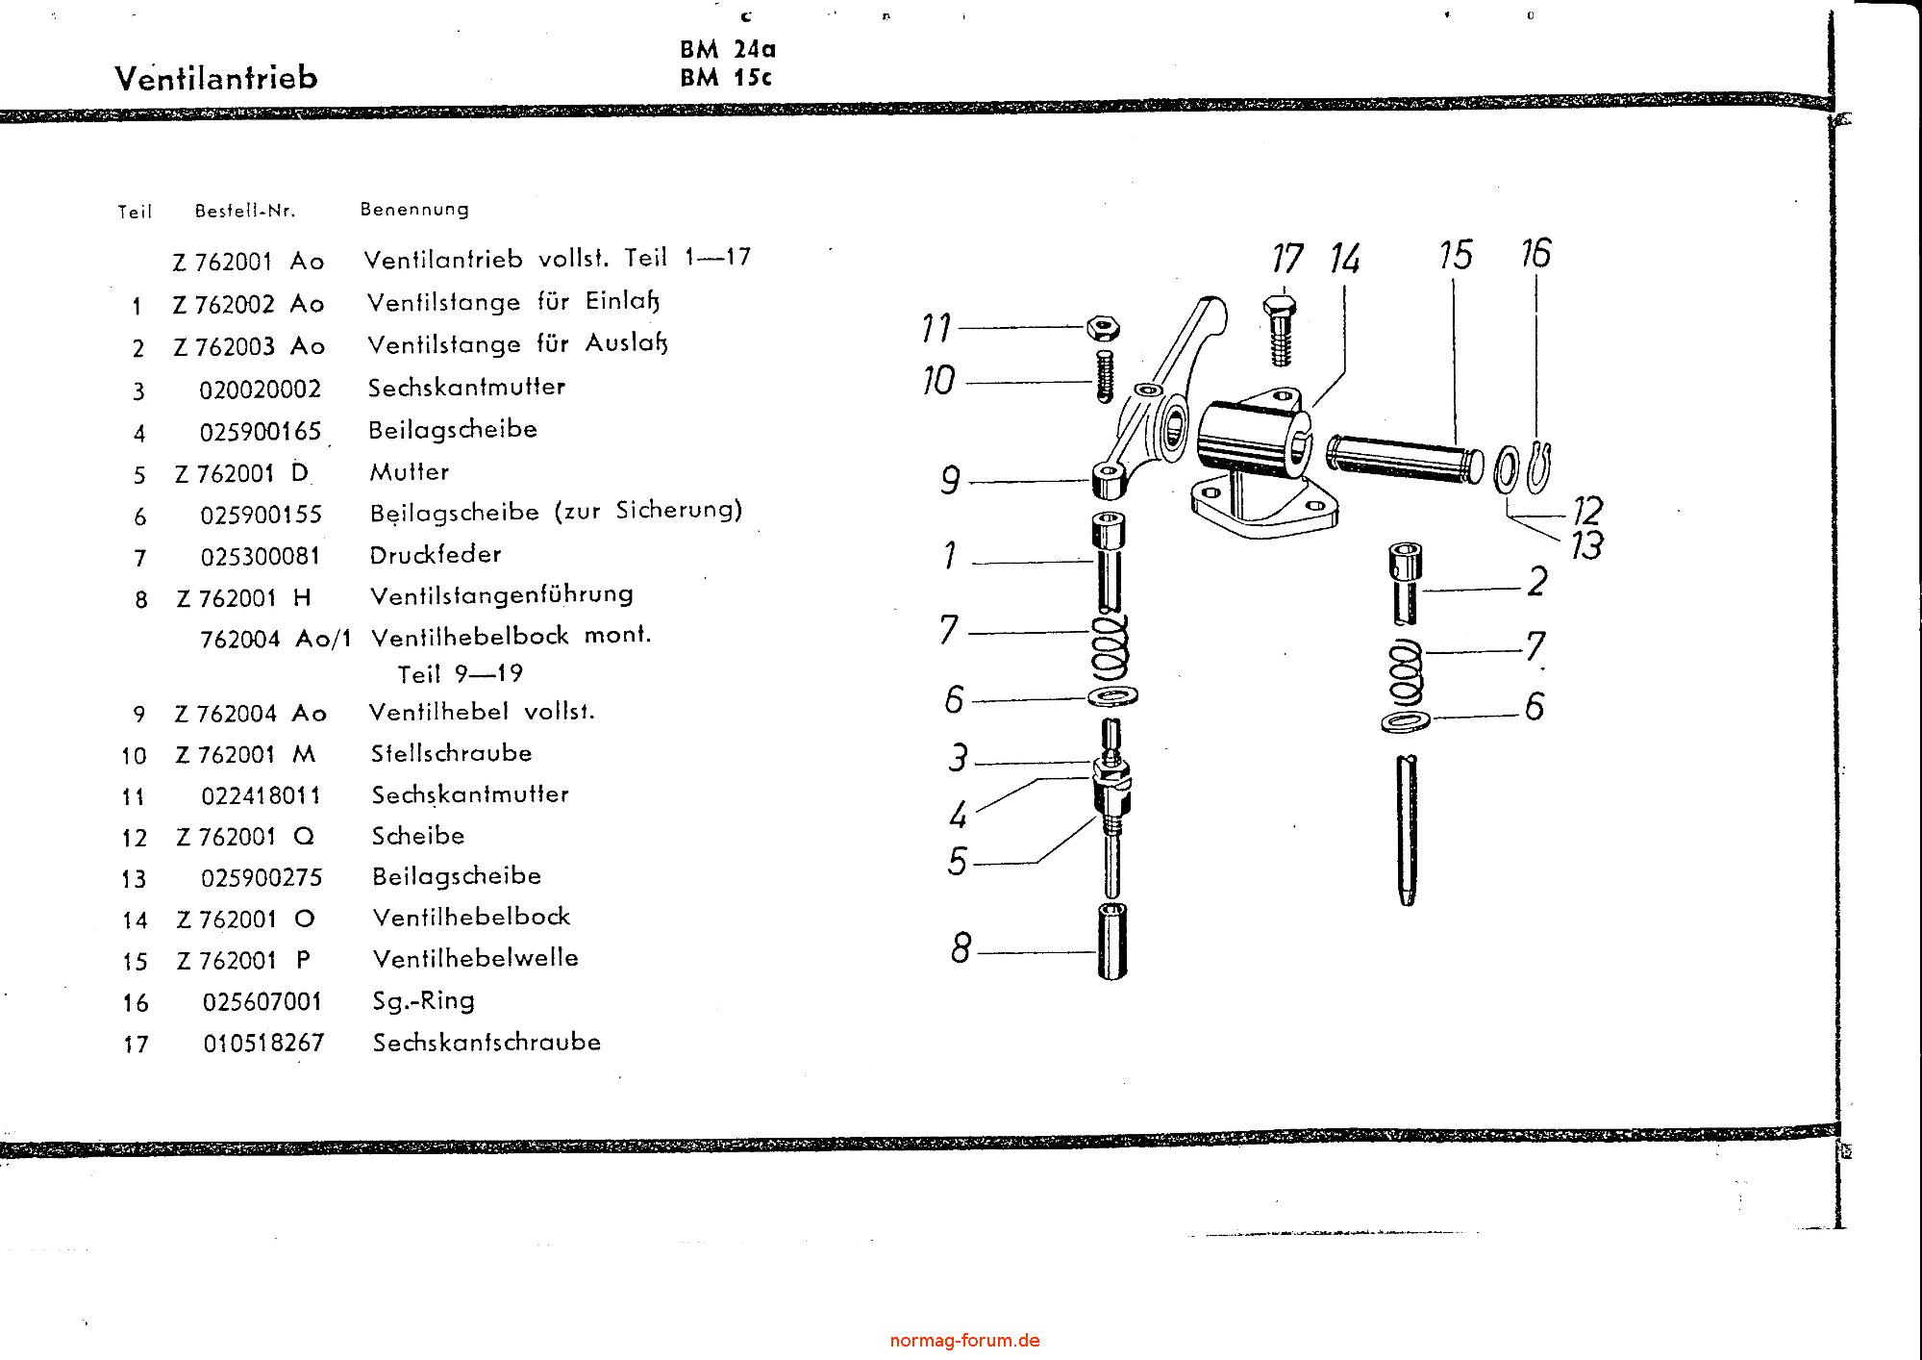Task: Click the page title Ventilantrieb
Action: tap(216, 77)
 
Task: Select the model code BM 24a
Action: tap(728, 50)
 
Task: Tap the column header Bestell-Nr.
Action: tap(245, 211)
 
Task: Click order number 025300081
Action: tap(261, 557)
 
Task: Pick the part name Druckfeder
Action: tap(436, 554)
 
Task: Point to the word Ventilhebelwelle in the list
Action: tap(476, 958)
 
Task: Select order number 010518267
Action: tap(263, 1043)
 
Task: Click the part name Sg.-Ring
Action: tap(424, 1001)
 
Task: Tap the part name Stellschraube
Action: tap(452, 753)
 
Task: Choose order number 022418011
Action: tap(262, 795)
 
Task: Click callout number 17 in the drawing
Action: tap(1286, 259)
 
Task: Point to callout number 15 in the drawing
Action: tap(1456, 255)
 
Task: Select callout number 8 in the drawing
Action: tap(961, 949)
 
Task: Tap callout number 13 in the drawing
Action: tap(1587, 545)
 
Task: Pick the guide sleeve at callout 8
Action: tap(1111, 941)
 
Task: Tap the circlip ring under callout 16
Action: tap(1537, 466)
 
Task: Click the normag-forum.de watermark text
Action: tap(964, 1340)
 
